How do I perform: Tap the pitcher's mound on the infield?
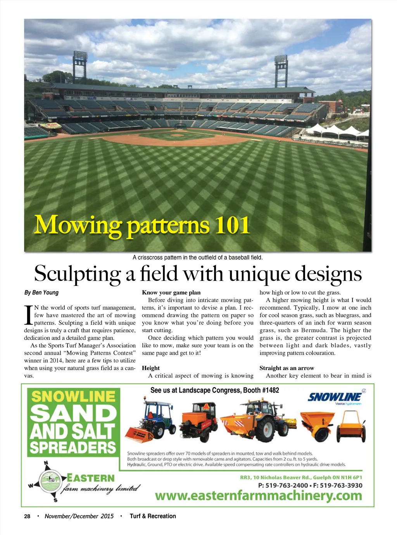[x=177, y=135]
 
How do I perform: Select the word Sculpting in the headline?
[x=77, y=274]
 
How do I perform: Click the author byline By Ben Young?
[x=41, y=293]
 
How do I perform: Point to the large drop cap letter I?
[x=28, y=315]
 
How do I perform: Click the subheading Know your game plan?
[x=171, y=293]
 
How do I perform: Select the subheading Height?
[x=151, y=368]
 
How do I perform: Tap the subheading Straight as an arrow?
[x=287, y=368]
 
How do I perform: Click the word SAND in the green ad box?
[x=73, y=413]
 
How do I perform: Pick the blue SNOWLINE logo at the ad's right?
[x=334, y=397]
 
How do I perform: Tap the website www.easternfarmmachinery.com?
[x=258, y=495]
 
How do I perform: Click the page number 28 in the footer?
[x=27, y=516]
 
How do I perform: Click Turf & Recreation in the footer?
[x=153, y=516]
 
